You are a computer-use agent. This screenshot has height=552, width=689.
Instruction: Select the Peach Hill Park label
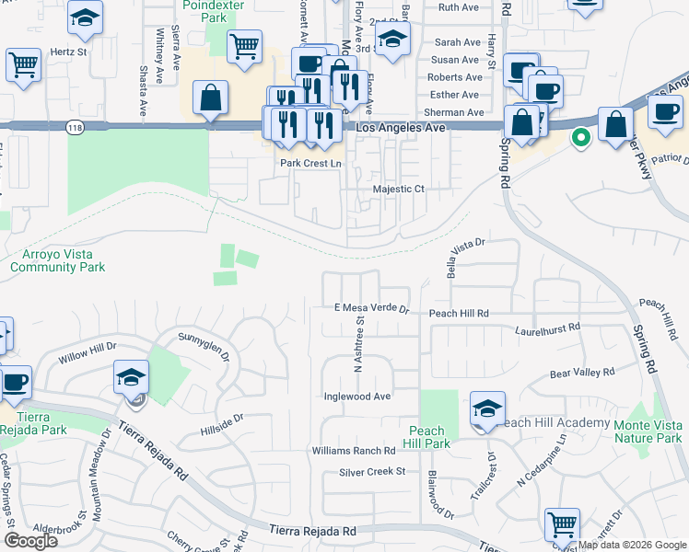tap(429, 437)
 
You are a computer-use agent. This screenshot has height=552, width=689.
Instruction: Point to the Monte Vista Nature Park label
tap(641, 431)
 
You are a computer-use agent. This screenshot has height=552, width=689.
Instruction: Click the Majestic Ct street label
tap(398, 189)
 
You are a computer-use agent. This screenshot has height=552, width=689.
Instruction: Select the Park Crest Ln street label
tap(310, 164)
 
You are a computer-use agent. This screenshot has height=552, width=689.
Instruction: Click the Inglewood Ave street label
tap(357, 397)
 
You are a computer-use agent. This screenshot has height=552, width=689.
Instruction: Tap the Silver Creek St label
tap(372, 472)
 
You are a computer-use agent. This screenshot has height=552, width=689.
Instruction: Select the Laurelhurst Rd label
tap(548, 328)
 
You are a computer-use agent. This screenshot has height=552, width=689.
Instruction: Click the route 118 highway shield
tap(75, 128)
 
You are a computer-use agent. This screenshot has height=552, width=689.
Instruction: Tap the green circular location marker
tap(580, 139)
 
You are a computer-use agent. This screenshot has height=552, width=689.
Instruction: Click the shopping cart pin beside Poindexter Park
tap(243, 47)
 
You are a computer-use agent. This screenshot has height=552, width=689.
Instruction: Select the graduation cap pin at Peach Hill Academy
tap(487, 409)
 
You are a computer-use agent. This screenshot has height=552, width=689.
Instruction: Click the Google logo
tap(30, 541)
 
